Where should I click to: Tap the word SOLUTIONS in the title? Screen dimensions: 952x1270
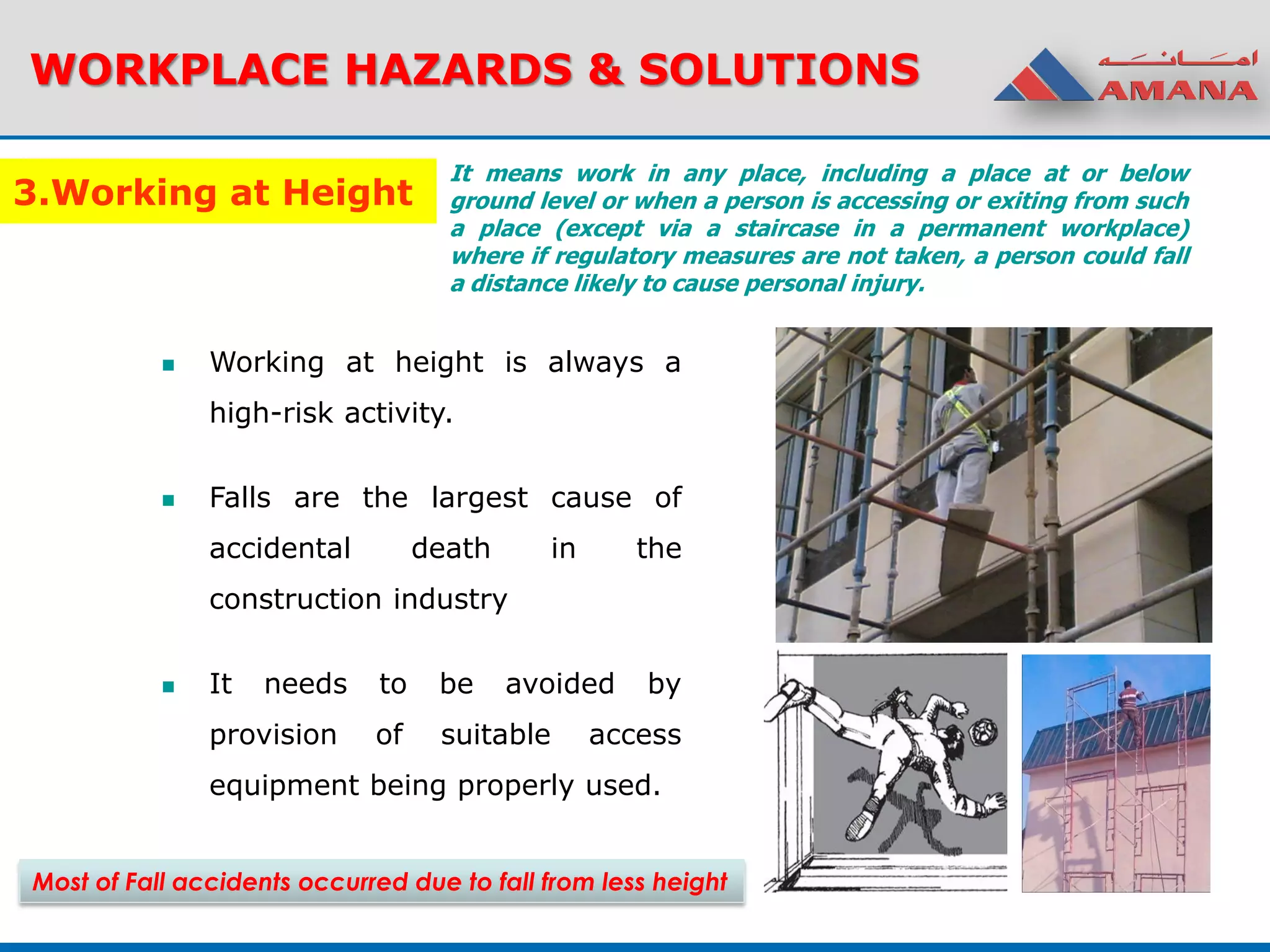779,69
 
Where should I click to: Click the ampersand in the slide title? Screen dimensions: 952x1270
605,69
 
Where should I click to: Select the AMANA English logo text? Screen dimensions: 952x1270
1177,92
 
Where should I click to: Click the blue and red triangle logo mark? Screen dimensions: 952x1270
1044,77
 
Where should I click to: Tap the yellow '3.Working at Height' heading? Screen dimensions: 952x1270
214,192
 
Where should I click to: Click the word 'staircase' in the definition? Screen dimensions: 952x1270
786,229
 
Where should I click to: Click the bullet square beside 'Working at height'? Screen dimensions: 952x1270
168,365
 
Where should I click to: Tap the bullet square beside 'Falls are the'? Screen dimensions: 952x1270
168,500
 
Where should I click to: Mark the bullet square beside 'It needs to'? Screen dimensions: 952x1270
168,687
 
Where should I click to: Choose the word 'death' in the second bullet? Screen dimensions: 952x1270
451,549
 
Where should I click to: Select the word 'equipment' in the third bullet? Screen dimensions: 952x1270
284,785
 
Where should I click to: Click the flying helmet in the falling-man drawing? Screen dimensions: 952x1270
983,733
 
